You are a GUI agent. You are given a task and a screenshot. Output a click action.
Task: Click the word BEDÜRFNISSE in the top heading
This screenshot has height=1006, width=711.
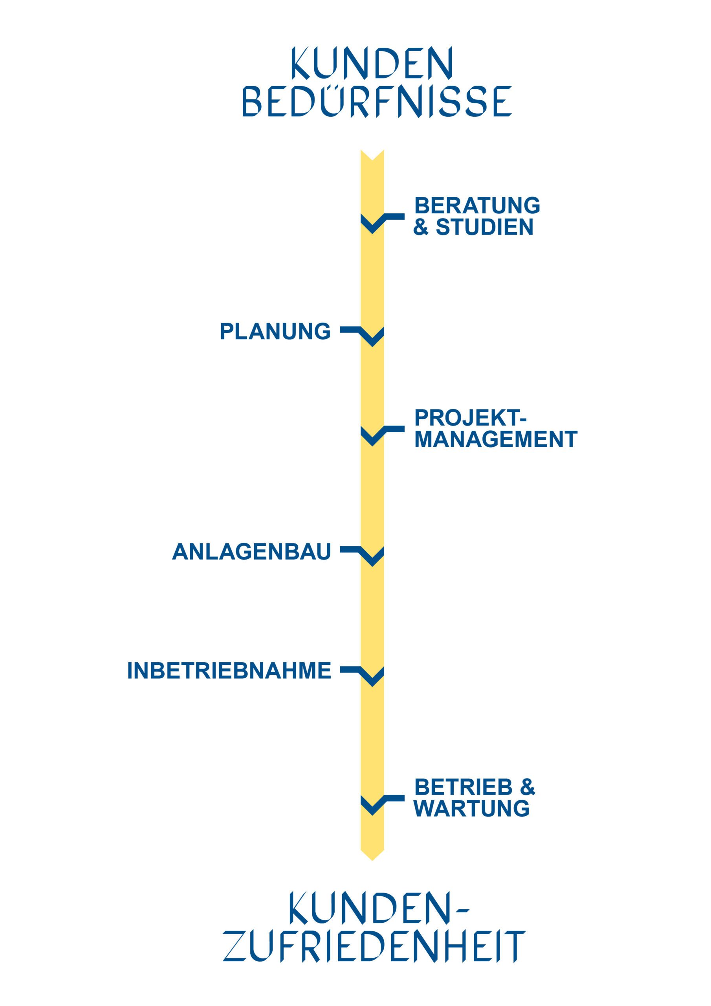click(377, 102)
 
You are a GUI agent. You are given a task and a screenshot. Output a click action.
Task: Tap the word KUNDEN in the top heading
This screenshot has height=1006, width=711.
click(372, 64)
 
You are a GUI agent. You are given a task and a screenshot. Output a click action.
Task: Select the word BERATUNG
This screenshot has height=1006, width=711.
click(477, 206)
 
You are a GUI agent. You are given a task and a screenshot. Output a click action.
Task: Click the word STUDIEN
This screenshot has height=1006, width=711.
click(484, 227)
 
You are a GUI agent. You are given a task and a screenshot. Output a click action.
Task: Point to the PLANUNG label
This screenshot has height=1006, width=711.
click(275, 331)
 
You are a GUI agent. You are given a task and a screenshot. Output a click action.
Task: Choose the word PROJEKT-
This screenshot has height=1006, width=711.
click(470, 418)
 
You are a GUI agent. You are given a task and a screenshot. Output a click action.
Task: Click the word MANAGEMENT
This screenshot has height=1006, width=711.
click(495, 439)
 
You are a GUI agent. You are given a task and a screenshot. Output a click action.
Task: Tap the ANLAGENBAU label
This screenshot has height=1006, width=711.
click(251, 552)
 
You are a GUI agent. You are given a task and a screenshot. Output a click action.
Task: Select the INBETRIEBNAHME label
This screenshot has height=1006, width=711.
click(229, 671)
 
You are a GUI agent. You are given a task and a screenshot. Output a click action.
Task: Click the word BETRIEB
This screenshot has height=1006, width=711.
click(463, 788)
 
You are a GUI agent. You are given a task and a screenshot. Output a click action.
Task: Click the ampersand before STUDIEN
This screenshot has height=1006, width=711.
click(421, 228)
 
